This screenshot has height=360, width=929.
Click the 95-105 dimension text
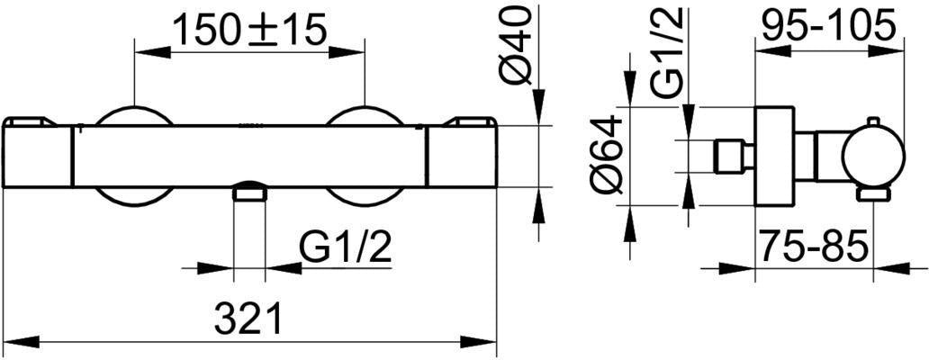pyautogui.click(x=827, y=24)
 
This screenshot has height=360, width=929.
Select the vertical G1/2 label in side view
pyautogui.click(x=668, y=53)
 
